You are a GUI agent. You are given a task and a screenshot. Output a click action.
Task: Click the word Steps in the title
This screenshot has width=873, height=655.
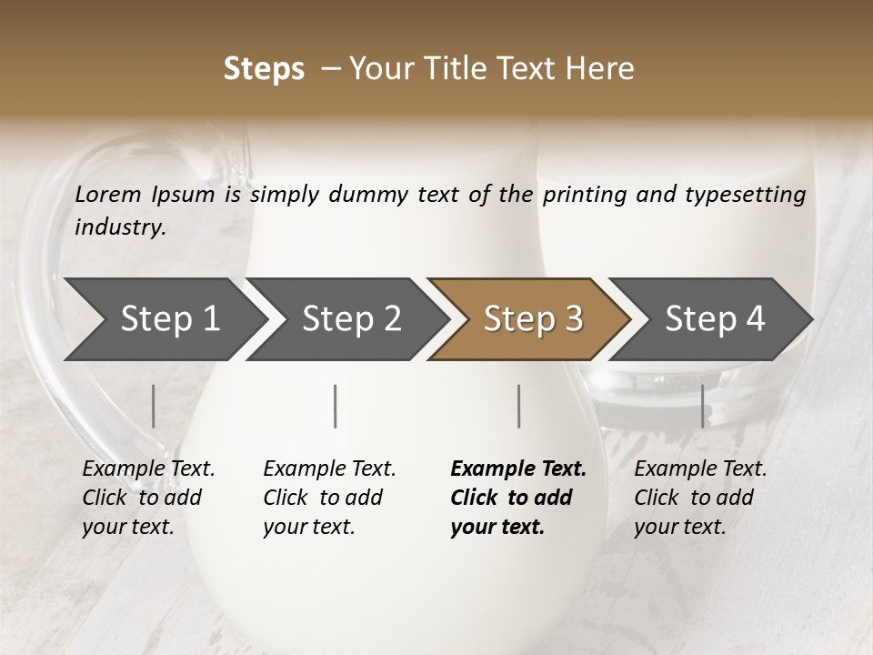264,69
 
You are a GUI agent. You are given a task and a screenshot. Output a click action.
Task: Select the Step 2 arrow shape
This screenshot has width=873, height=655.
351,318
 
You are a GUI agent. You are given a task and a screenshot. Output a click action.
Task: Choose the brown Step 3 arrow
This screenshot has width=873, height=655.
533,318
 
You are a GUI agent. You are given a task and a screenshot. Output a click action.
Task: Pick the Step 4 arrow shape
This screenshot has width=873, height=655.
715,318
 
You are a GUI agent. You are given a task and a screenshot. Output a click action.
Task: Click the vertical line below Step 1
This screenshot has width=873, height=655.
154,406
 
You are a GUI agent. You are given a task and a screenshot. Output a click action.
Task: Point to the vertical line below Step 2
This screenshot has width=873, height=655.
336,406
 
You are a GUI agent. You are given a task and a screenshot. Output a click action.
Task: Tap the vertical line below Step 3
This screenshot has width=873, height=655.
518,406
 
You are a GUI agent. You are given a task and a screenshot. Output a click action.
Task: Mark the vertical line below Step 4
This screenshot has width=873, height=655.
702,406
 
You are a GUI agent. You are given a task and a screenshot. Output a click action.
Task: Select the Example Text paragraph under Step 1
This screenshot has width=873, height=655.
148,497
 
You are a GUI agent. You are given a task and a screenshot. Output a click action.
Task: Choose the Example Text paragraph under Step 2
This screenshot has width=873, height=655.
329,497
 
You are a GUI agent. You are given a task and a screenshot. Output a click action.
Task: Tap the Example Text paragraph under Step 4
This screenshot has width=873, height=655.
700,497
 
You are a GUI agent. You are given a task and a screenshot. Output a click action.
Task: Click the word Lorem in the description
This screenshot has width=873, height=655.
108,194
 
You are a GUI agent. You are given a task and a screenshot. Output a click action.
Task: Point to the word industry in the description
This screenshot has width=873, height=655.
120,227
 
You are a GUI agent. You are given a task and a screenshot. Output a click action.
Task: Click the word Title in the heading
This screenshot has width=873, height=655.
480,69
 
